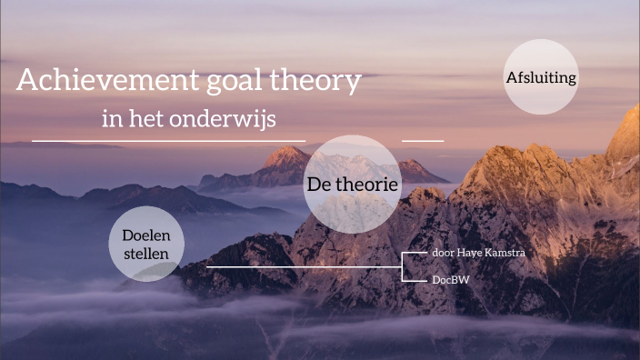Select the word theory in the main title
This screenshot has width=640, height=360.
[x=317, y=82]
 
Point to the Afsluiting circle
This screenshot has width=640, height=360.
[x=541, y=77]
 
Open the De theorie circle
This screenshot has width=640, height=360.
[x=352, y=185]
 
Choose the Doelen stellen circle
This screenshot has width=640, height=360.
[x=146, y=243]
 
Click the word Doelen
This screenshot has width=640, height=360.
[x=146, y=235]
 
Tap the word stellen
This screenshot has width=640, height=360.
[x=146, y=252]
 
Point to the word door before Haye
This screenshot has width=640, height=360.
[x=443, y=252]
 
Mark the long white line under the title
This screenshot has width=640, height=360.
[x=168, y=141]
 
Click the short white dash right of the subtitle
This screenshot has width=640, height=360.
[x=422, y=141]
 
